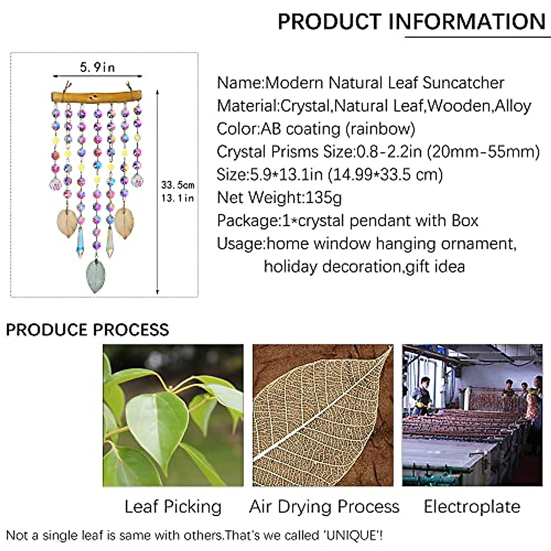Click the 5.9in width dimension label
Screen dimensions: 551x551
pyautogui.click(x=97, y=67)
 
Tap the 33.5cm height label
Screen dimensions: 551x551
pyautogui.click(x=178, y=185)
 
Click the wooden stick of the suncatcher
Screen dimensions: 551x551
pyautogui.click(x=96, y=96)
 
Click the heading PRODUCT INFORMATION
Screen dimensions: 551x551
pyautogui.click(x=412, y=22)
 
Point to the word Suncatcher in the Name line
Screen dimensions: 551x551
pyautogui.click(x=463, y=83)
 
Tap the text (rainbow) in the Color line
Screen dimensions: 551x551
pyautogui.click(x=380, y=129)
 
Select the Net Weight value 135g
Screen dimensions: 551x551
pyautogui.click(x=323, y=197)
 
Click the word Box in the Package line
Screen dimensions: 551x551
pyautogui.click(x=465, y=220)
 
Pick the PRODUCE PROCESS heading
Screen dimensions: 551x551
pyautogui.click(x=88, y=330)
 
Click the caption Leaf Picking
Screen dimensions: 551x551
pyautogui.click(x=173, y=507)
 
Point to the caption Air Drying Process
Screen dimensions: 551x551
pyautogui.click(x=324, y=507)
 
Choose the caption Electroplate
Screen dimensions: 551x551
pyautogui.click(x=472, y=506)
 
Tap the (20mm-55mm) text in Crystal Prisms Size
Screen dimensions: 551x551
pyautogui.click(x=483, y=152)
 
